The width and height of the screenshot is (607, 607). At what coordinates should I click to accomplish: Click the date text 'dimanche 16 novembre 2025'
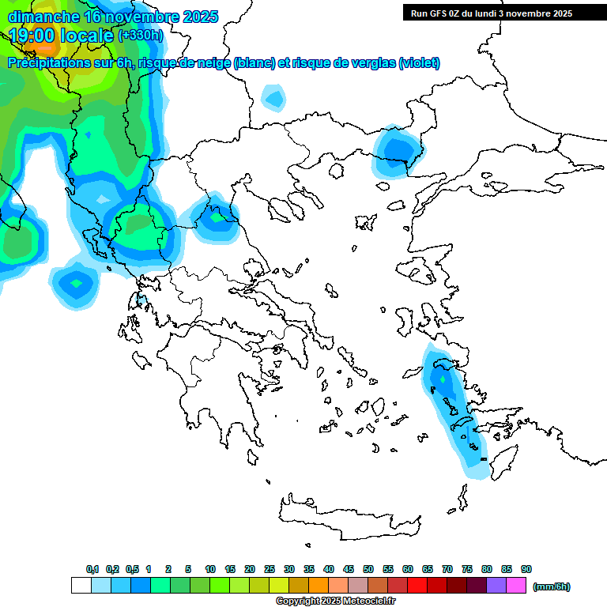[x=113, y=17]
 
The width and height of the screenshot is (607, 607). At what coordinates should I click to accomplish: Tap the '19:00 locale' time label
[x=62, y=36]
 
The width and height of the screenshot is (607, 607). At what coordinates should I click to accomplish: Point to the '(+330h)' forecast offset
[x=140, y=36]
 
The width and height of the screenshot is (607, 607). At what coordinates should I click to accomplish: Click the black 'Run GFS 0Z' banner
[x=492, y=13]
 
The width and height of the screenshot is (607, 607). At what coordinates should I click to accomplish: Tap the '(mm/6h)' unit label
[x=551, y=586]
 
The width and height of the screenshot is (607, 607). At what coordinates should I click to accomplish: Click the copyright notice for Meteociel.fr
[x=335, y=601]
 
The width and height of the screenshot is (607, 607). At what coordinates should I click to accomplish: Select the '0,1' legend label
[x=92, y=569]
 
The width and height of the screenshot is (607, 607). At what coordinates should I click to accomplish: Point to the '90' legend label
[x=526, y=569]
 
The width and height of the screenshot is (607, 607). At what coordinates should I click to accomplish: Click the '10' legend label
[x=210, y=569]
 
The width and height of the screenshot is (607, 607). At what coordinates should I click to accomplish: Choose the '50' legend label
[x=368, y=569]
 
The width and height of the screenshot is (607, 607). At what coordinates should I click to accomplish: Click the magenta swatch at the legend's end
[x=517, y=586]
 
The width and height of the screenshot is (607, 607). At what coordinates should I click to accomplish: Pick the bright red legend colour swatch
[x=417, y=586]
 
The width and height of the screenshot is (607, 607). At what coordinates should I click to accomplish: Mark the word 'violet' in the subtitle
[x=420, y=63]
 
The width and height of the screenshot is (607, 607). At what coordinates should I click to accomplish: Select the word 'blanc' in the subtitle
[x=254, y=63]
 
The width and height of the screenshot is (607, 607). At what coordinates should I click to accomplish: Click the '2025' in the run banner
[x=562, y=13]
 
